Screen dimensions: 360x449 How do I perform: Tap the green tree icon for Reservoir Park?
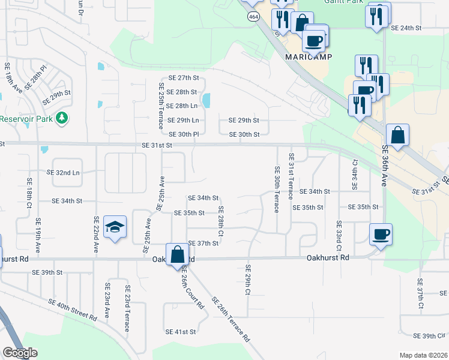pyautogui.click(x=61, y=118)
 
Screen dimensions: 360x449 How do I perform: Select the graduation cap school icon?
pyautogui.click(x=114, y=227)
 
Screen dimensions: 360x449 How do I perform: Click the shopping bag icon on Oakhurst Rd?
pyautogui.click(x=178, y=254)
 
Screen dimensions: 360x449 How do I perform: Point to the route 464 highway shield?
pyautogui.click(x=248, y=18)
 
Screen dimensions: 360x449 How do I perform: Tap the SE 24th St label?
pyautogui.click(x=406, y=28)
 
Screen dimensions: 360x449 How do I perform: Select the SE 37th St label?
pyautogui.click(x=203, y=243)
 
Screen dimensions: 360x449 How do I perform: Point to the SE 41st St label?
pyautogui.click(x=181, y=331)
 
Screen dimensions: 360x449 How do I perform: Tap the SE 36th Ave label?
pyautogui.click(x=385, y=163)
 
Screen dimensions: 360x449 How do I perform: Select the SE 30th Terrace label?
pyautogui.click(x=277, y=189)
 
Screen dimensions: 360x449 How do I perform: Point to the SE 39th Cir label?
pyautogui.click(x=430, y=336)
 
